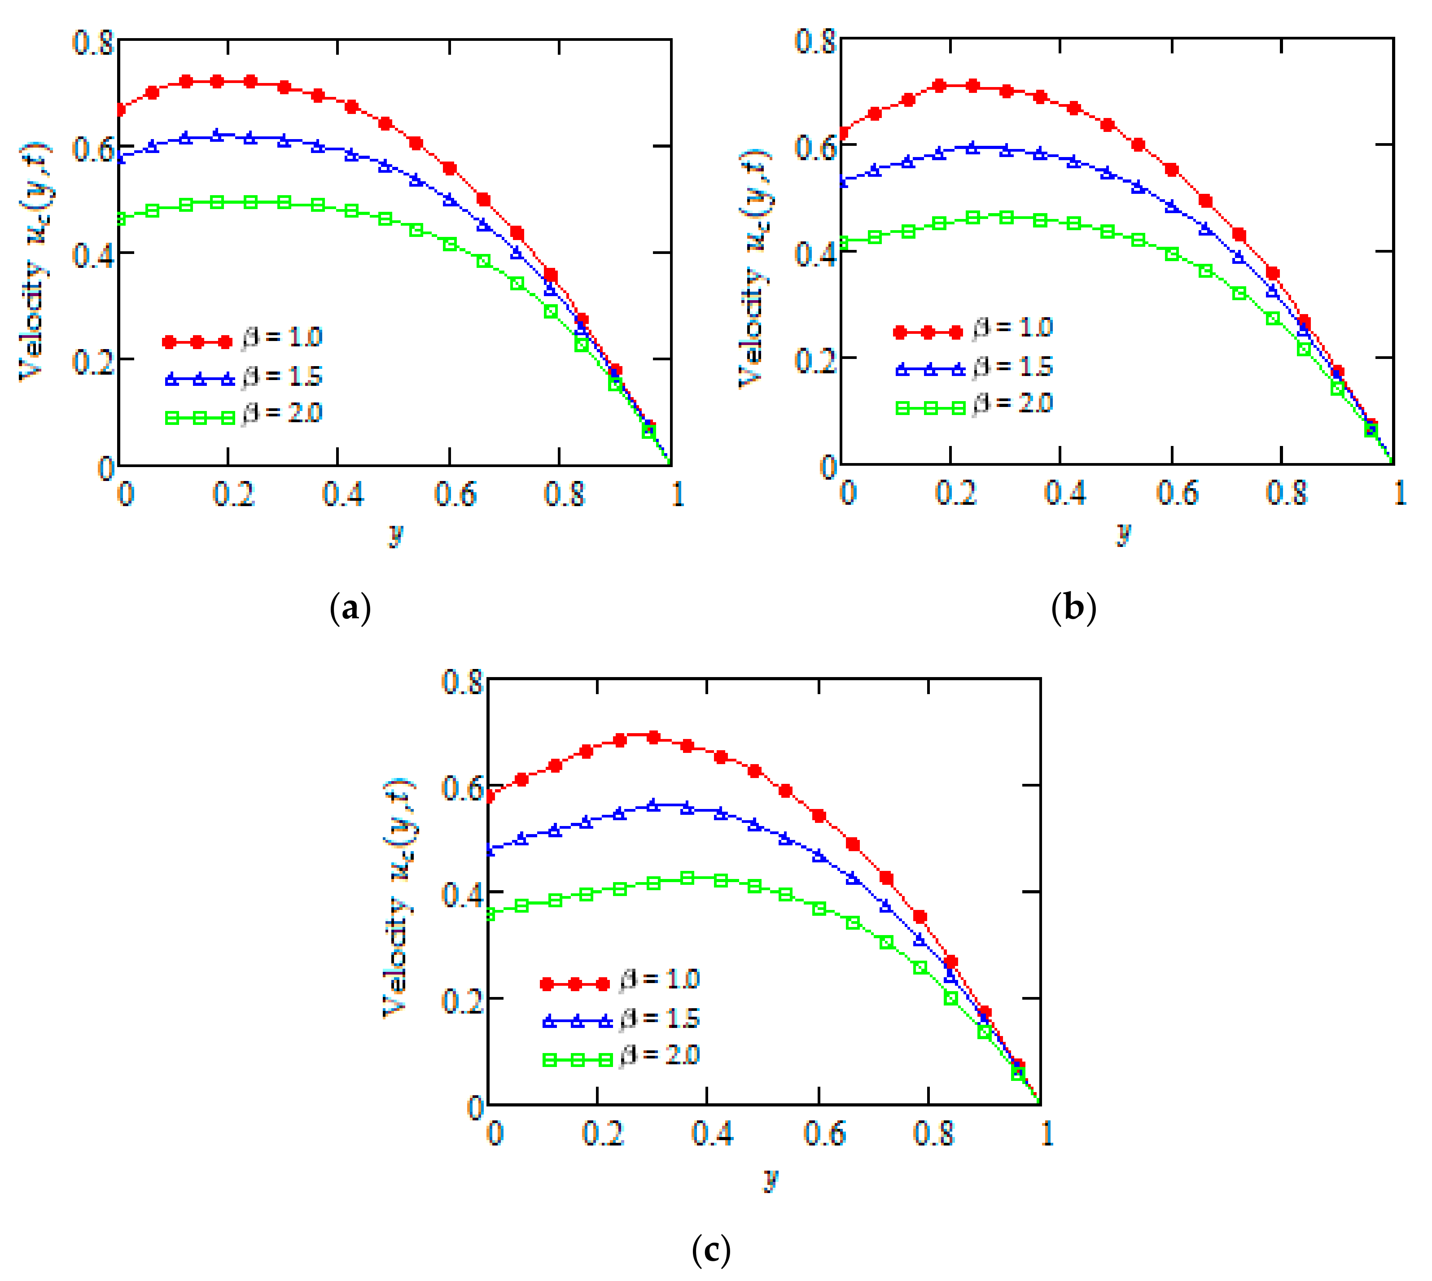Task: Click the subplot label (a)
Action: pyautogui.click(x=350, y=608)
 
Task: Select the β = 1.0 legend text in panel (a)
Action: pyautogui.click(x=283, y=337)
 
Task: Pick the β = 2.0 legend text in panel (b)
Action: pyautogui.click(x=1013, y=403)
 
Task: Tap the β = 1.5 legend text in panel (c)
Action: pyautogui.click(x=660, y=1019)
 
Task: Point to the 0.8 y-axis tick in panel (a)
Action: pyautogui.click(x=93, y=43)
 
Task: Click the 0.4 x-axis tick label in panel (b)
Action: pyautogui.click(x=1064, y=493)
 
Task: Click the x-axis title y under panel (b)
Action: pyautogui.click(x=1124, y=533)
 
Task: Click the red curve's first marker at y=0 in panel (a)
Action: pyautogui.click(x=120, y=110)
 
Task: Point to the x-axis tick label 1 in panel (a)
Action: pyautogui.click(x=677, y=494)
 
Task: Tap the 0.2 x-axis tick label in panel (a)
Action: pyautogui.click(x=232, y=494)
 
